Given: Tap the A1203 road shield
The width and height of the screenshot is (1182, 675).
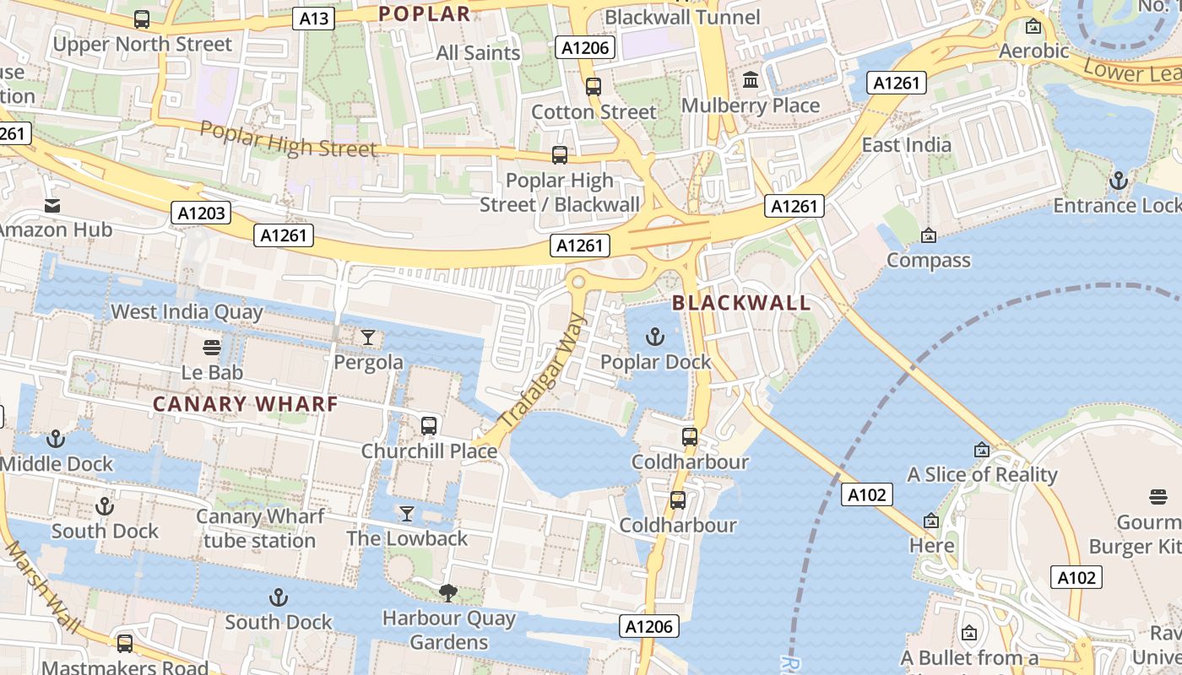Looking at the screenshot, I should (203, 213).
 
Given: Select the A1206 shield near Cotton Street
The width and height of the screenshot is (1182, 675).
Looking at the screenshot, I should (585, 48).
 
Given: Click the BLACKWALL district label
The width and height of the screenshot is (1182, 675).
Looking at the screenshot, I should (741, 303).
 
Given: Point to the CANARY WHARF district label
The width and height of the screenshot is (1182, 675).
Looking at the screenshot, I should (246, 404).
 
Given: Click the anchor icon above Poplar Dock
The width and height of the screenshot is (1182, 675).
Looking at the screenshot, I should (654, 337).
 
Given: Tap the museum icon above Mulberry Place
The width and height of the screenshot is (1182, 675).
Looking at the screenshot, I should (750, 80).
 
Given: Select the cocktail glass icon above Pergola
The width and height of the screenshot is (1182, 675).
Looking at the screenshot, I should (368, 337).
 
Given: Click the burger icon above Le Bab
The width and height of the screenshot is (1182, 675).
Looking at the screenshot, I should (212, 348).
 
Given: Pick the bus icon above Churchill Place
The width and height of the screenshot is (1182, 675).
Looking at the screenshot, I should (429, 426).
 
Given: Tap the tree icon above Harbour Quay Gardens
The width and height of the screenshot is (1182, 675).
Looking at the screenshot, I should (448, 594).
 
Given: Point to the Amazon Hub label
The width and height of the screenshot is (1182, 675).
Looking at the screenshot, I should (56, 229).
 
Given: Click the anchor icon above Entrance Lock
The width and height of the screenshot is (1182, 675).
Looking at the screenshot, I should (1118, 181).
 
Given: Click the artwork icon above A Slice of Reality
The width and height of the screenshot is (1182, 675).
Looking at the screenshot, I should (981, 451).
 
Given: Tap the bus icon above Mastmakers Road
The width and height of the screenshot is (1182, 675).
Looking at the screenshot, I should (125, 643).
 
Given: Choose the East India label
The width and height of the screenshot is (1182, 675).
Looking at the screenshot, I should (906, 145).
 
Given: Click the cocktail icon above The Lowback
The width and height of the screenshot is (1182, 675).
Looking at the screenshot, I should (407, 514).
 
